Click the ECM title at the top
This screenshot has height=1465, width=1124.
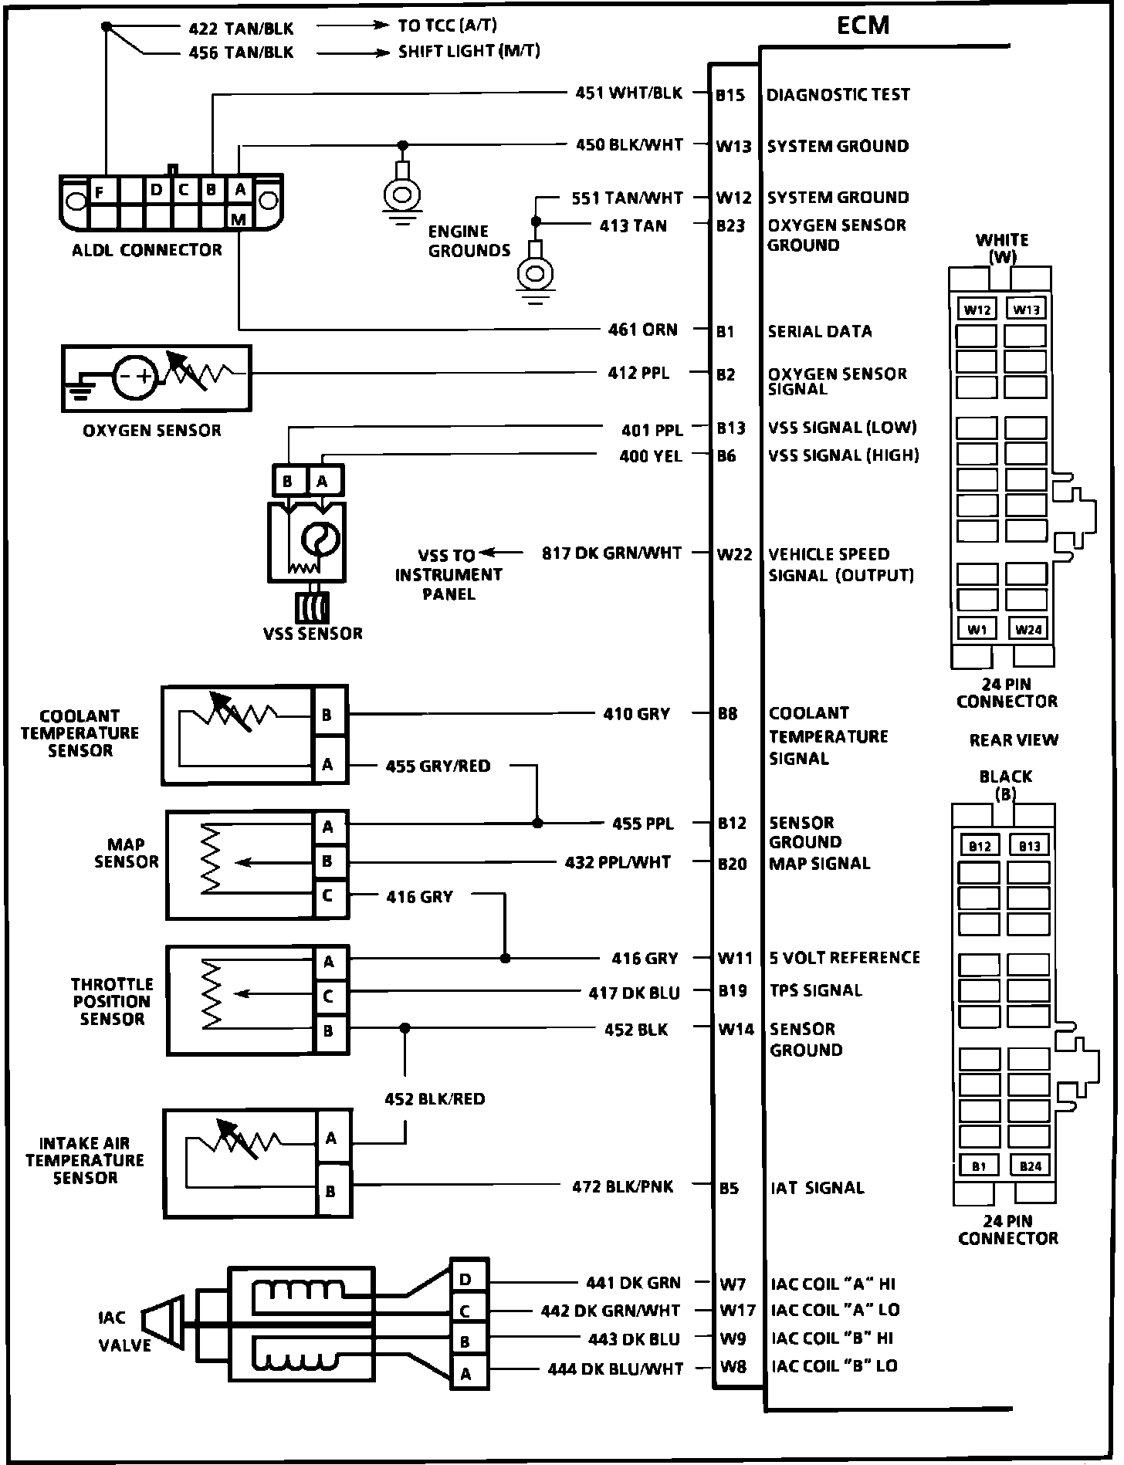click(863, 25)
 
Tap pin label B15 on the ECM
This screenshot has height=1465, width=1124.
click(730, 95)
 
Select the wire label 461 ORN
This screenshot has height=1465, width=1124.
click(642, 330)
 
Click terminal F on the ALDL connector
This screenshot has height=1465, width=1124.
click(100, 191)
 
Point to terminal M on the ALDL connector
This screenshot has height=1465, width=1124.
click(239, 219)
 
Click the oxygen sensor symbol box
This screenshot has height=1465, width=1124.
click(156, 377)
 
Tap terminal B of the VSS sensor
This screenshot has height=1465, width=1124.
click(287, 482)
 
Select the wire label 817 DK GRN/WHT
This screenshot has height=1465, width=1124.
click(611, 553)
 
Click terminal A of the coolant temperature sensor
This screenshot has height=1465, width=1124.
click(327, 765)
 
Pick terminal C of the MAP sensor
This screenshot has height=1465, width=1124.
click(328, 896)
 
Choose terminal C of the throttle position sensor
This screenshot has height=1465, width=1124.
click(328, 996)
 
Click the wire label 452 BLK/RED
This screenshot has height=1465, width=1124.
click(435, 1098)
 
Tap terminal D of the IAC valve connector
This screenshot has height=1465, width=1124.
click(466, 1280)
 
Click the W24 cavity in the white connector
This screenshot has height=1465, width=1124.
click(1028, 629)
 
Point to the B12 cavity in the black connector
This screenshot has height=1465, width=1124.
click(979, 846)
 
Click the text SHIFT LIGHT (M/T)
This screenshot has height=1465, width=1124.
click(469, 52)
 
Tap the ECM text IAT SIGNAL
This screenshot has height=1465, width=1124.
click(818, 1188)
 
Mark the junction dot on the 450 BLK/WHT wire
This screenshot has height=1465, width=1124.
click(402, 144)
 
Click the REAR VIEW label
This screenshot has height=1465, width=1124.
click(1014, 739)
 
